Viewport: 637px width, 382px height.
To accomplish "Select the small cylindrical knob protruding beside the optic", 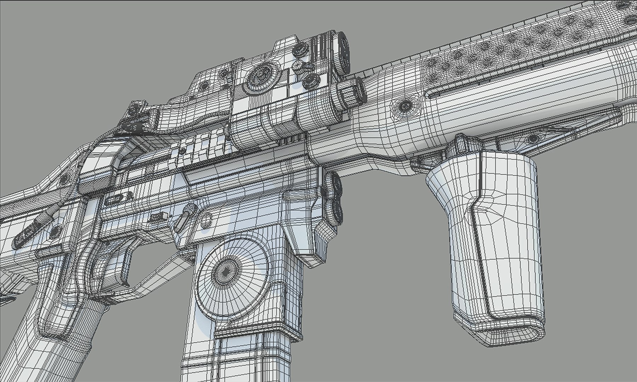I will (352, 92).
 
